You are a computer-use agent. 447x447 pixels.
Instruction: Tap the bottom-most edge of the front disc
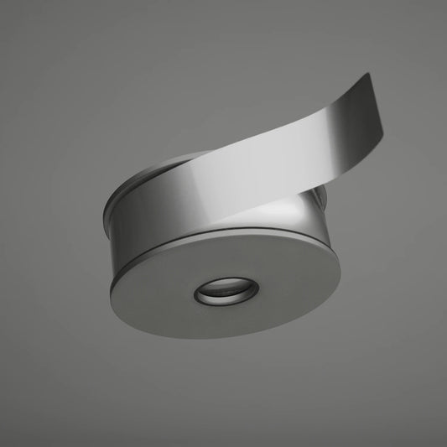coord(210,337)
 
